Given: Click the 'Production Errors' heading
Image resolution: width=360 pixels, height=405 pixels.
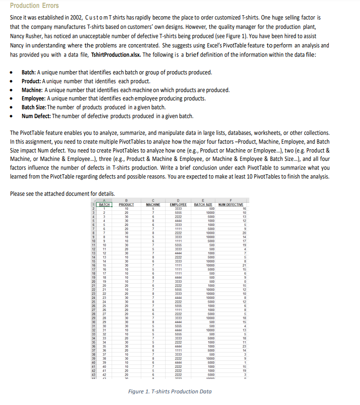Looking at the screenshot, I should pos(34,6).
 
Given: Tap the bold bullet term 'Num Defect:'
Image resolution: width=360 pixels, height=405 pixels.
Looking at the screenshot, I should pos(38,116).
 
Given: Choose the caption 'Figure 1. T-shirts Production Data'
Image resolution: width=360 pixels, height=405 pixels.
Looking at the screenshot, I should pos(170,392).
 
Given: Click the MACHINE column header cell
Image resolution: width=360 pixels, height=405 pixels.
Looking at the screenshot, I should pos(153,205).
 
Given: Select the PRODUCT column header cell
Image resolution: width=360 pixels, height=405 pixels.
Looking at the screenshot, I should pos(127,205).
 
